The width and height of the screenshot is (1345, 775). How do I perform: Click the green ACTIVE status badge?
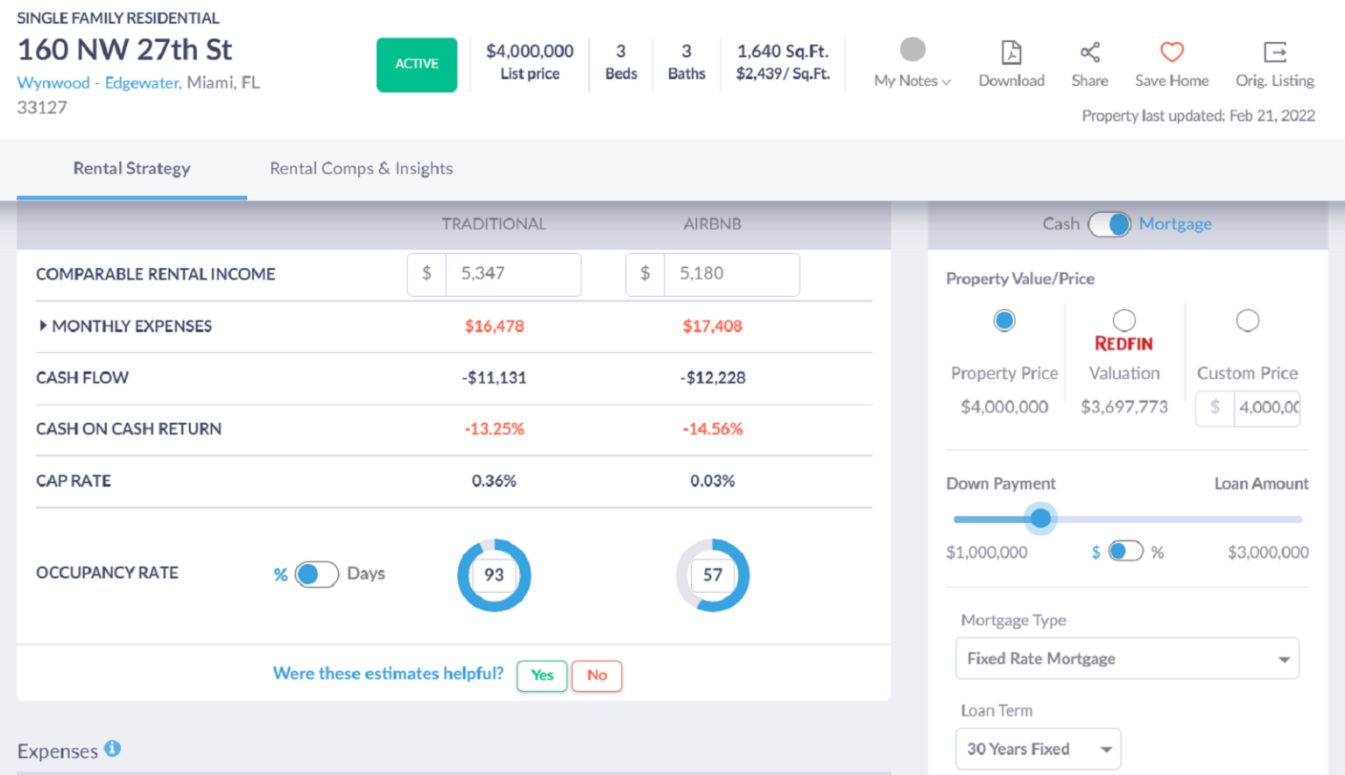click(417, 64)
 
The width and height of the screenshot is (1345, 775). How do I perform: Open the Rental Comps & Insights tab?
click(361, 168)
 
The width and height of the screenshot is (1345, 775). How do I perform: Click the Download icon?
click(1011, 53)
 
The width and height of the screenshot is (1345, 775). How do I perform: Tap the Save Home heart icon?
click(1172, 53)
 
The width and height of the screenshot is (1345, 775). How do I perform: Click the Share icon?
click(1089, 53)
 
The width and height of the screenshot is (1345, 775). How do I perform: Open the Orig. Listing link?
click(1275, 53)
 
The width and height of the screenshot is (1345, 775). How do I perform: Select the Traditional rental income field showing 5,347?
click(512, 274)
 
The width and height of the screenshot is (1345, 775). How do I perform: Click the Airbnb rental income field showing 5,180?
click(730, 274)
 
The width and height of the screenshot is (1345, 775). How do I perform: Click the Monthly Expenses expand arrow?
click(42, 326)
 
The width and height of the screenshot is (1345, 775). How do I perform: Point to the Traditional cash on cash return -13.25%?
click(494, 429)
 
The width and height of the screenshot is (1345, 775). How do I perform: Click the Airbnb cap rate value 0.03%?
click(712, 481)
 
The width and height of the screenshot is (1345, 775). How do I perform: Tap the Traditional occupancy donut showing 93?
click(494, 574)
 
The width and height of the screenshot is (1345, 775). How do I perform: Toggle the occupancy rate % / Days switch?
click(316, 574)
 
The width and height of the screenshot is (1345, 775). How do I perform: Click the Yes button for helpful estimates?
click(542, 675)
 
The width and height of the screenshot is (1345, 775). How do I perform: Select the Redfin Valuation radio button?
click(1124, 321)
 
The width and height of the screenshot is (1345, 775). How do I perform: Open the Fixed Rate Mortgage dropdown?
click(1127, 659)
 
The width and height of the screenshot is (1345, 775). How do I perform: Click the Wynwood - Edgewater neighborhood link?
click(99, 83)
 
